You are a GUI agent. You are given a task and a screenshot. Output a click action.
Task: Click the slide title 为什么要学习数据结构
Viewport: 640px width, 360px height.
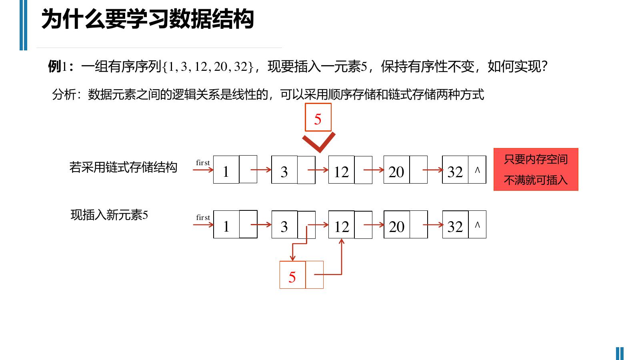pyautogui.click(x=148, y=19)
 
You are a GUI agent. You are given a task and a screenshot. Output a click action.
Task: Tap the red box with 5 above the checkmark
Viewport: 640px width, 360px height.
pyautogui.click(x=318, y=118)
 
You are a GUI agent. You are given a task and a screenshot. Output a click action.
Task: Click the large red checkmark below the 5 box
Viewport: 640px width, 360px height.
pyautogui.click(x=319, y=142)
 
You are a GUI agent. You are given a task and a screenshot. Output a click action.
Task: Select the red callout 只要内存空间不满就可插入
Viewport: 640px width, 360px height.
pyautogui.click(x=536, y=170)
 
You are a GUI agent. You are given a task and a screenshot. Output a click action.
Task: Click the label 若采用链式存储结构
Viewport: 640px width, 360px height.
pyautogui.click(x=123, y=167)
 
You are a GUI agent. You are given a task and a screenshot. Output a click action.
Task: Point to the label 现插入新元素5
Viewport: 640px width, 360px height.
pyautogui.click(x=109, y=215)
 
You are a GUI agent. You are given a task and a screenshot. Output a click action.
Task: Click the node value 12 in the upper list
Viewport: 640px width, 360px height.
pyautogui.click(x=341, y=172)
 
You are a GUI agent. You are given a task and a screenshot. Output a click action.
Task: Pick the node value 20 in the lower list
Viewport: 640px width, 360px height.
pyautogui.click(x=396, y=227)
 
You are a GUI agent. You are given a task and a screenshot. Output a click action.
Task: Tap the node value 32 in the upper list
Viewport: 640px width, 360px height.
pyautogui.click(x=455, y=172)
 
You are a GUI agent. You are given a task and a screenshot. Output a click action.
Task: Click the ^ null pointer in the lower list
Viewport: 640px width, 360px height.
pyautogui.click(x=477, y=225)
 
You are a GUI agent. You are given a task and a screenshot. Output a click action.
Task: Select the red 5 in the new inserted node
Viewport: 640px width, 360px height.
pyautogui.click(x=292, y=277)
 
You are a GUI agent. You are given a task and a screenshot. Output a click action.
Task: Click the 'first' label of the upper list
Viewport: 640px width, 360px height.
pyautogui.click(x=203, y=162)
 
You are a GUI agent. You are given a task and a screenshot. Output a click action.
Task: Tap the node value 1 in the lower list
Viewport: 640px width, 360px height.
pyautogui.click(x=226, y=227)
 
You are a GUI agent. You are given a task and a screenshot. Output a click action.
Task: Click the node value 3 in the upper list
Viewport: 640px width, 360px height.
pyautogui.click(x=284, y=172)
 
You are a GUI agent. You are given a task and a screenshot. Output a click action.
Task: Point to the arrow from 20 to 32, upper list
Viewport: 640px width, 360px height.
pyautogui.click(x=432, y=170)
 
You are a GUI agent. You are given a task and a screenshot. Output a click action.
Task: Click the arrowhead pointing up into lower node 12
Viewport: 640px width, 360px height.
pyautogui.click(x=342, y=242)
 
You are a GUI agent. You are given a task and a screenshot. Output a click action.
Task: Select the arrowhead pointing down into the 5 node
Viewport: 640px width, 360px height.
pyautogui.click(x=292, y=258)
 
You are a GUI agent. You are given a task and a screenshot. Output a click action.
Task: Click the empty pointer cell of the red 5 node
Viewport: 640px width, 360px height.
pyautogui.click(x=314, y=275)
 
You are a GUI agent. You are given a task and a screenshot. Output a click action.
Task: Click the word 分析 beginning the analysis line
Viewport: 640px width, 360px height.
pyautogui.click(x=64, y=94)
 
